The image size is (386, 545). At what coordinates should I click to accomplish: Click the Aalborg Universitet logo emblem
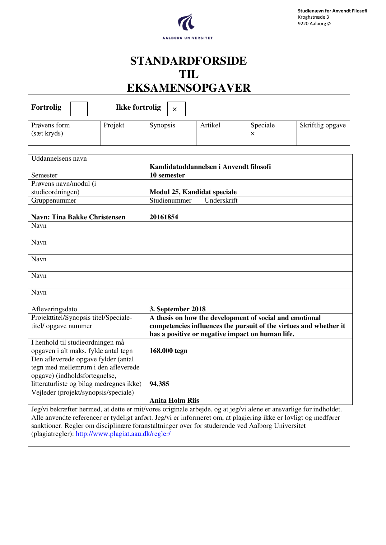187,22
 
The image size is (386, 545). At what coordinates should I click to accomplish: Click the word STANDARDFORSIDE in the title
188,61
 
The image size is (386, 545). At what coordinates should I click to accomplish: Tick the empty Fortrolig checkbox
79,109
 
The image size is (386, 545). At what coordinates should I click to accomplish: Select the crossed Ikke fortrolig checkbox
176,109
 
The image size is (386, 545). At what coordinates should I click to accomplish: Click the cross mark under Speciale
253,134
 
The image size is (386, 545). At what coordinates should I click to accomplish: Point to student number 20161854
164,217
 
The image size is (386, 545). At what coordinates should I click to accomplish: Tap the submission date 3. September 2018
177,309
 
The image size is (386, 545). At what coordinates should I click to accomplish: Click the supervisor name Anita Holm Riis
174,401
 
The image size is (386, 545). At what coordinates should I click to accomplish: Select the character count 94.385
159,384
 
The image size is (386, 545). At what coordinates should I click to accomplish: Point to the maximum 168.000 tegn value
168,351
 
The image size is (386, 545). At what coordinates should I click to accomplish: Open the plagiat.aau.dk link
123,434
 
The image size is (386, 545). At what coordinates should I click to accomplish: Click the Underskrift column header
221,200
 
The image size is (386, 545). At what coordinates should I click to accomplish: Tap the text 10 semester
167,175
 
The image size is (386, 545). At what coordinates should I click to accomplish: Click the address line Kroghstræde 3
313,17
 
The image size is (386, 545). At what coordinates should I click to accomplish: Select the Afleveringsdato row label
54,309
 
